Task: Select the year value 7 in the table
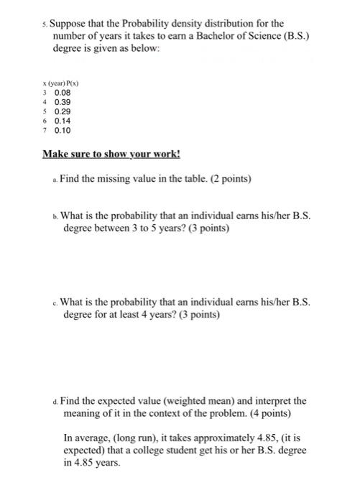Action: [x=46, y=131]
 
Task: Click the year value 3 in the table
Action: [x=46, y=93]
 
